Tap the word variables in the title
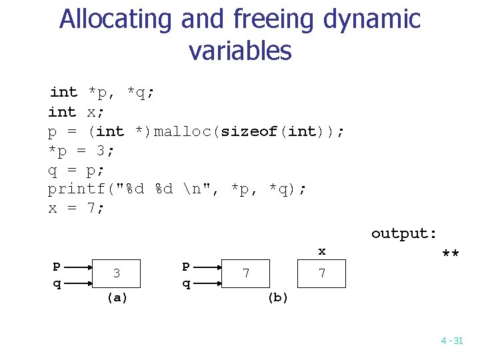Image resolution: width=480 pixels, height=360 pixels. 240,51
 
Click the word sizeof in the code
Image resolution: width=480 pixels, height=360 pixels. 249,131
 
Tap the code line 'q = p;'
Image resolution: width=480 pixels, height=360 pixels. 77,169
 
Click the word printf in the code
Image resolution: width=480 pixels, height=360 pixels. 73,189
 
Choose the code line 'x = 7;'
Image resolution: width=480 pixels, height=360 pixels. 77,208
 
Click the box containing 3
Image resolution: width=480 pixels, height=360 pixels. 117,273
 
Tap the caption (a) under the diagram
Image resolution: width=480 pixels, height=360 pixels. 117,298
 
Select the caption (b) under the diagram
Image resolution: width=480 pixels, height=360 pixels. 278,298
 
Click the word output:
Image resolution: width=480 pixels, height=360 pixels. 404,233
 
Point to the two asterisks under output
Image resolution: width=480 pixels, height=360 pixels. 451,255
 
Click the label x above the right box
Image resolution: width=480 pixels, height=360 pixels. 322,251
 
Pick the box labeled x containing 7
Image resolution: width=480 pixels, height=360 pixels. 322,273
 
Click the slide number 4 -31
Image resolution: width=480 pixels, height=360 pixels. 451,341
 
